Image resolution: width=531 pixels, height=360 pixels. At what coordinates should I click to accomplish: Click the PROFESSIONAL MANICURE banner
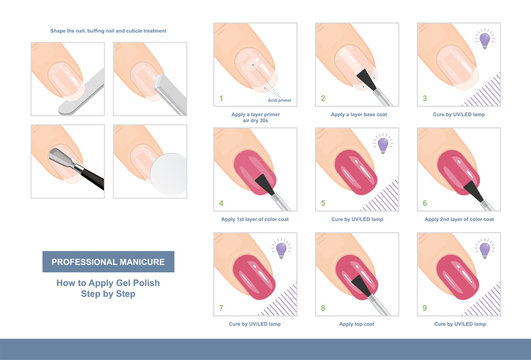coord(108,262)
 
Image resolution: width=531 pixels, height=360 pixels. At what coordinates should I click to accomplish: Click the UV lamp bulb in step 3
coord(484,40)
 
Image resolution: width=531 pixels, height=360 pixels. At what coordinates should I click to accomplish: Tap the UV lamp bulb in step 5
coord(382,146)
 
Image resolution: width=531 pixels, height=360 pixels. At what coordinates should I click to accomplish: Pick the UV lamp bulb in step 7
coord(280,248)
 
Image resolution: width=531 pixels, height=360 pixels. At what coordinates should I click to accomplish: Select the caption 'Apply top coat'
coord(356,324)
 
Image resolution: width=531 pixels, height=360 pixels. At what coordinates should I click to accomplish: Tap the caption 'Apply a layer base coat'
coord(356,114)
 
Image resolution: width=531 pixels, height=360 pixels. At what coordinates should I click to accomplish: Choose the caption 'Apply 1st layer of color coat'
coord(254,219)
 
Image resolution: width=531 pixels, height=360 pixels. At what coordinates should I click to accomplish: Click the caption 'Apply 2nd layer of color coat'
coord(458,219)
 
